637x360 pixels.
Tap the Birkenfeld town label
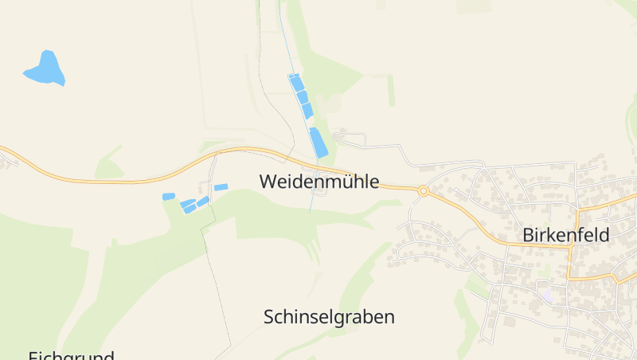click(x=565, y=235)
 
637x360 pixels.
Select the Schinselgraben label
click(x=329, y=317)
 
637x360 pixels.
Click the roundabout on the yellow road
click(x=424, y=190)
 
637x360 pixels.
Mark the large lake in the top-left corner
click(x=45, y=68)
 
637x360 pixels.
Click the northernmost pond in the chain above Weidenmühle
click(x=296, y=82)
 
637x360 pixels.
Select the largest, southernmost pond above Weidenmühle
click(x=318, y=142)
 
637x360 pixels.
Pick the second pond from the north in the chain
click(x=302, y=97)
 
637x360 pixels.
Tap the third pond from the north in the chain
click(x=307, y=111)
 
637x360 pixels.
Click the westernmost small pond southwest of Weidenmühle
click(x=168, y=196)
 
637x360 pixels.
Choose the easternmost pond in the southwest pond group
click(x=221, y=187)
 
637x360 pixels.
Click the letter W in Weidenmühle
click(x=268, y=181)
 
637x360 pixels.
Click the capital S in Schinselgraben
click(x=269, y=317)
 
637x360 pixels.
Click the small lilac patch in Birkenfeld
click(x=549, y=294)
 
